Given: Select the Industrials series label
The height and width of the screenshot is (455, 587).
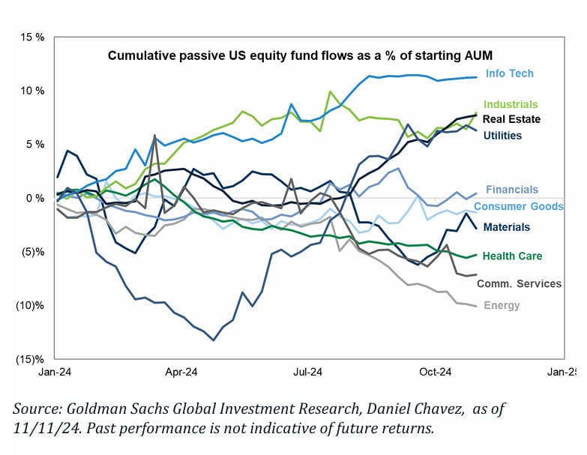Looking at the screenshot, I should pos(511,104).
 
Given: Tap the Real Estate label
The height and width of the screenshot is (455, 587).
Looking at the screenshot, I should pos(511,118).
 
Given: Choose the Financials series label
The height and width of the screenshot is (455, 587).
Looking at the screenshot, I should pos(511,190).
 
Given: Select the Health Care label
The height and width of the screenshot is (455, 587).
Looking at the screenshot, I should pos(512,256).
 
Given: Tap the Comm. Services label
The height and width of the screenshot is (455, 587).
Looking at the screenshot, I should pos(520,283).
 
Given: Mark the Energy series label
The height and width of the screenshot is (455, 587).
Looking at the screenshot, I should pos(502,305).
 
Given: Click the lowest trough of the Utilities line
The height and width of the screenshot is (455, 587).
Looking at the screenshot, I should pos(214,340).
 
